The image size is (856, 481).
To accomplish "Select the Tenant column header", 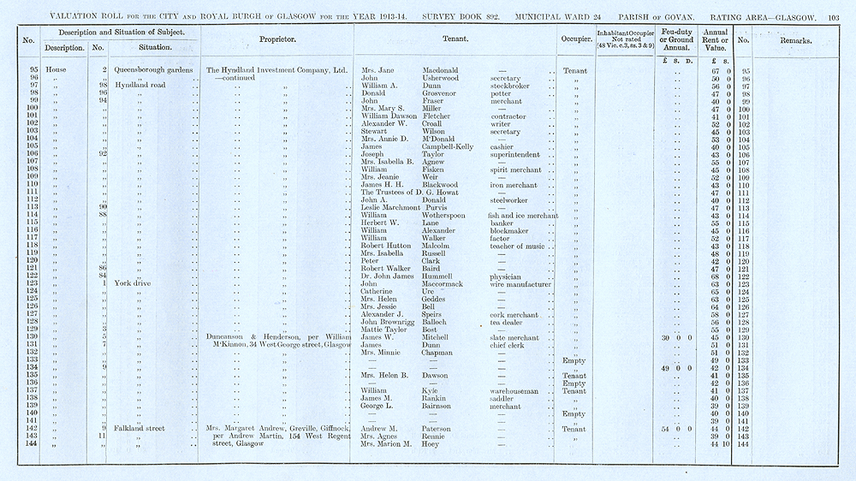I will pyautogui.click(x=454, y=40).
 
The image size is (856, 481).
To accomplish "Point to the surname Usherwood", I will pyautogui.click(x=443, y=78).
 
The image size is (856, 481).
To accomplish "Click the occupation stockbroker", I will pyautogui.click(x=511, y=86).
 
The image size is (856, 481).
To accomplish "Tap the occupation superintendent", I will pyautogui.click(x=518, y=155).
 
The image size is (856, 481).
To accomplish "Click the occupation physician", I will pyautogui.click(x=505, y=276).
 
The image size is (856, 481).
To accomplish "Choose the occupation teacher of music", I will pyautogui.click(x=517, y=246).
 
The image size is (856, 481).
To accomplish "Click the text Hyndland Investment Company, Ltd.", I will pyautogui.click(x=275, y=70).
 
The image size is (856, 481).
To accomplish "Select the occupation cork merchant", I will pyautogui.click(x=514, y=315).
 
